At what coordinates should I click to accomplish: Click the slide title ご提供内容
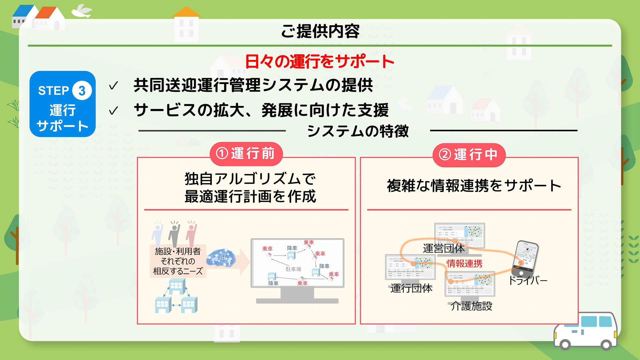tap(320, 31)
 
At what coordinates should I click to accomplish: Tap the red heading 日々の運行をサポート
tap(320, 62)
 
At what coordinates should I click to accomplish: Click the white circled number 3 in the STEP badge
tap(82, 90)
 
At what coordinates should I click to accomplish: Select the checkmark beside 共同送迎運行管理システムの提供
tap(113, 86)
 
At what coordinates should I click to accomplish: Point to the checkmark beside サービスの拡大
tap(113, 111)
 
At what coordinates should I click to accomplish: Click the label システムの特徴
tap(358, 131)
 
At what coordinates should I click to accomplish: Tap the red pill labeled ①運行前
tap(246, 154)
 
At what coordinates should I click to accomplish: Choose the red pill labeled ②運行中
tap(469, 155)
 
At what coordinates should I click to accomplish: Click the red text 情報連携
tap(464, 264)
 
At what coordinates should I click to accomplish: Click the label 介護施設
tap(471, 306)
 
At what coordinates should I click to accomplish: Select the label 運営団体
tap(444, 248)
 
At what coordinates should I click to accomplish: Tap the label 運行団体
tap(411, 288)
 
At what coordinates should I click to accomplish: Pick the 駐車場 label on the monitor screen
tap(293, 269)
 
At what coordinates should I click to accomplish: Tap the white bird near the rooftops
tap(82, 11)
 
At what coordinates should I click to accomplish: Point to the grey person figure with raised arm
tap(174, 233)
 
